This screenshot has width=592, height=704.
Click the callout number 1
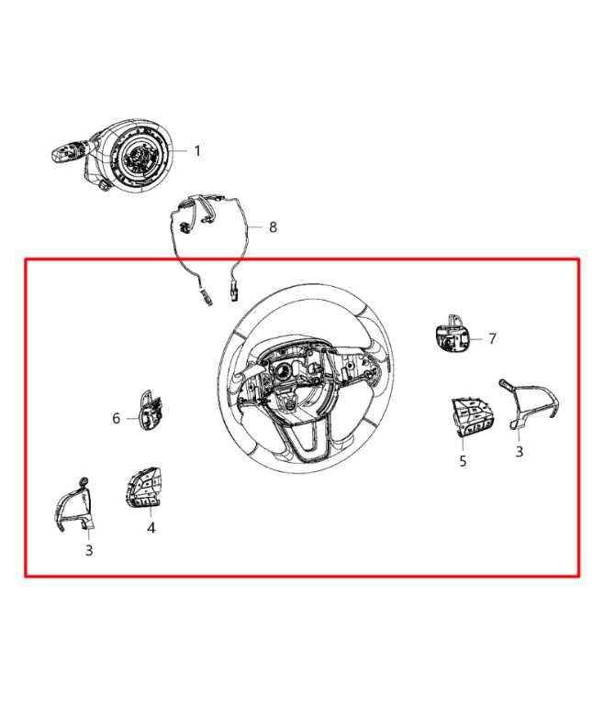197,151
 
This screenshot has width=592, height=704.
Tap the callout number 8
273,227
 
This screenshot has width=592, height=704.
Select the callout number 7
492,338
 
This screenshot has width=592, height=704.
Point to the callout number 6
116,418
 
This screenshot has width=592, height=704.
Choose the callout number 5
463,461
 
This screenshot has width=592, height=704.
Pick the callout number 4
151,528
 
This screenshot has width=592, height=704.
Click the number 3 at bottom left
89,550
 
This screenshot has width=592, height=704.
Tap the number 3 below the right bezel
519,451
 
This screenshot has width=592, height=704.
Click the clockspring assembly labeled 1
135,154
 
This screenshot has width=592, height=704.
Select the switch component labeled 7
452,335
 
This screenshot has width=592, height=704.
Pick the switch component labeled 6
151,410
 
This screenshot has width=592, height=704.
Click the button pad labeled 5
471,416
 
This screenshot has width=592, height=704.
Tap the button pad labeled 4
144,488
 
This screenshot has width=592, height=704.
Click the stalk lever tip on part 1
60,154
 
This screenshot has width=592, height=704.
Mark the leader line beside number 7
477,338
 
